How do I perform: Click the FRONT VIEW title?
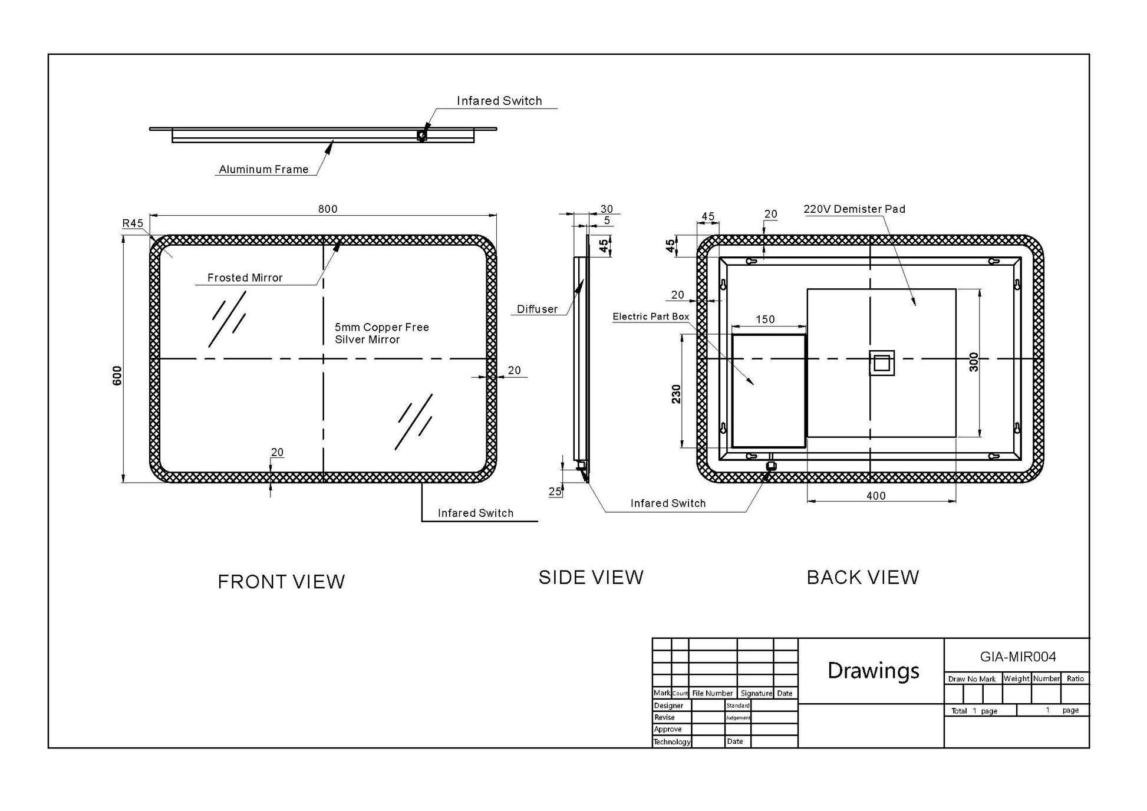(281, 582)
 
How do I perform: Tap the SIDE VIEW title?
(591, 577)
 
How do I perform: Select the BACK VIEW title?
(863, 577)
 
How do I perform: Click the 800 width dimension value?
(328, 209)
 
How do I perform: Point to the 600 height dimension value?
(117, 375)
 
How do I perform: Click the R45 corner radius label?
(133, 223)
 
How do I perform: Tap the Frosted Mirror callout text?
(245, 278)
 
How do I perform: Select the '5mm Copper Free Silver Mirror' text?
(382, 333)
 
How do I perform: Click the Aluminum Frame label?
(264, 169)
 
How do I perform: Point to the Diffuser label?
(537, 309)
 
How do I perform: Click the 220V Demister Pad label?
(854, 209)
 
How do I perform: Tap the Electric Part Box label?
(651, 317)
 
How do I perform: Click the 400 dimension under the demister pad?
(876, 496)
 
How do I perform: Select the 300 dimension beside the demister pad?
(974, 362)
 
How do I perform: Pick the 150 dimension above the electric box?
(765, 319)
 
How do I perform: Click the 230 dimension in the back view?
(676, 394)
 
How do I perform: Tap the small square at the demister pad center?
(882, 363)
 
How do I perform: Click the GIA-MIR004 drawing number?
(1018, 657)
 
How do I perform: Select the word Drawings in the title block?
(874, 671)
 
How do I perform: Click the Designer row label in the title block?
(668, 705)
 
